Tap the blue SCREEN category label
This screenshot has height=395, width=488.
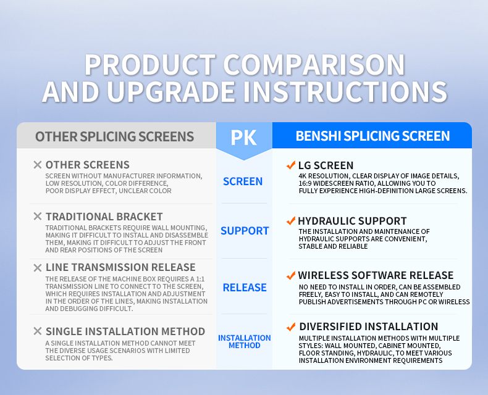click(x=243, y=181)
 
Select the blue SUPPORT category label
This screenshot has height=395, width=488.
click(x=245, y=231)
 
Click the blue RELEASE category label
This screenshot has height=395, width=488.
click(x=245, y=288)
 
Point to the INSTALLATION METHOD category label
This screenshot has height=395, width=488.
click(x=245, y=341)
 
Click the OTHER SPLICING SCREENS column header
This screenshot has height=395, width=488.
click(x=114, y=136)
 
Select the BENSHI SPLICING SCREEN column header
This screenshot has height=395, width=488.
click(x=372, y=136)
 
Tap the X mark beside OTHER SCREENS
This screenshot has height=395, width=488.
click(x=38, y=165)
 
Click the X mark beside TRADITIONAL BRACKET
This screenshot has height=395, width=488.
click(x=38, y=216)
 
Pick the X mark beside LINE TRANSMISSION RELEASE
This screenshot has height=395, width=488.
click(x=38, y=267)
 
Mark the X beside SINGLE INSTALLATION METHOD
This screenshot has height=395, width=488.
click(x=38, y=331)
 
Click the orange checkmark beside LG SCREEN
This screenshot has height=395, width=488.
click(x=291, y=165)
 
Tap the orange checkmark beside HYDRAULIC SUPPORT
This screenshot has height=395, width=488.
click(x=291, y=220)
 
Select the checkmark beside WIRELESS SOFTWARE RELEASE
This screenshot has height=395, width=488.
click(x=291, y=275)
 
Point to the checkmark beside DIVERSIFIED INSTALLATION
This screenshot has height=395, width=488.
click(x=291, y=326)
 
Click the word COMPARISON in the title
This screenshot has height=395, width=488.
click(x=314, y=65)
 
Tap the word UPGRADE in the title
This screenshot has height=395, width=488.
click(x=171, y=91)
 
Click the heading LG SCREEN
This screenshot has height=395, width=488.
click(x=326, y=165)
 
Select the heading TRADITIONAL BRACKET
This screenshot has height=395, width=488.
click(x=104, y=217)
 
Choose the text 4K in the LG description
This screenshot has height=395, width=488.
click(x=303, y=176)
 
